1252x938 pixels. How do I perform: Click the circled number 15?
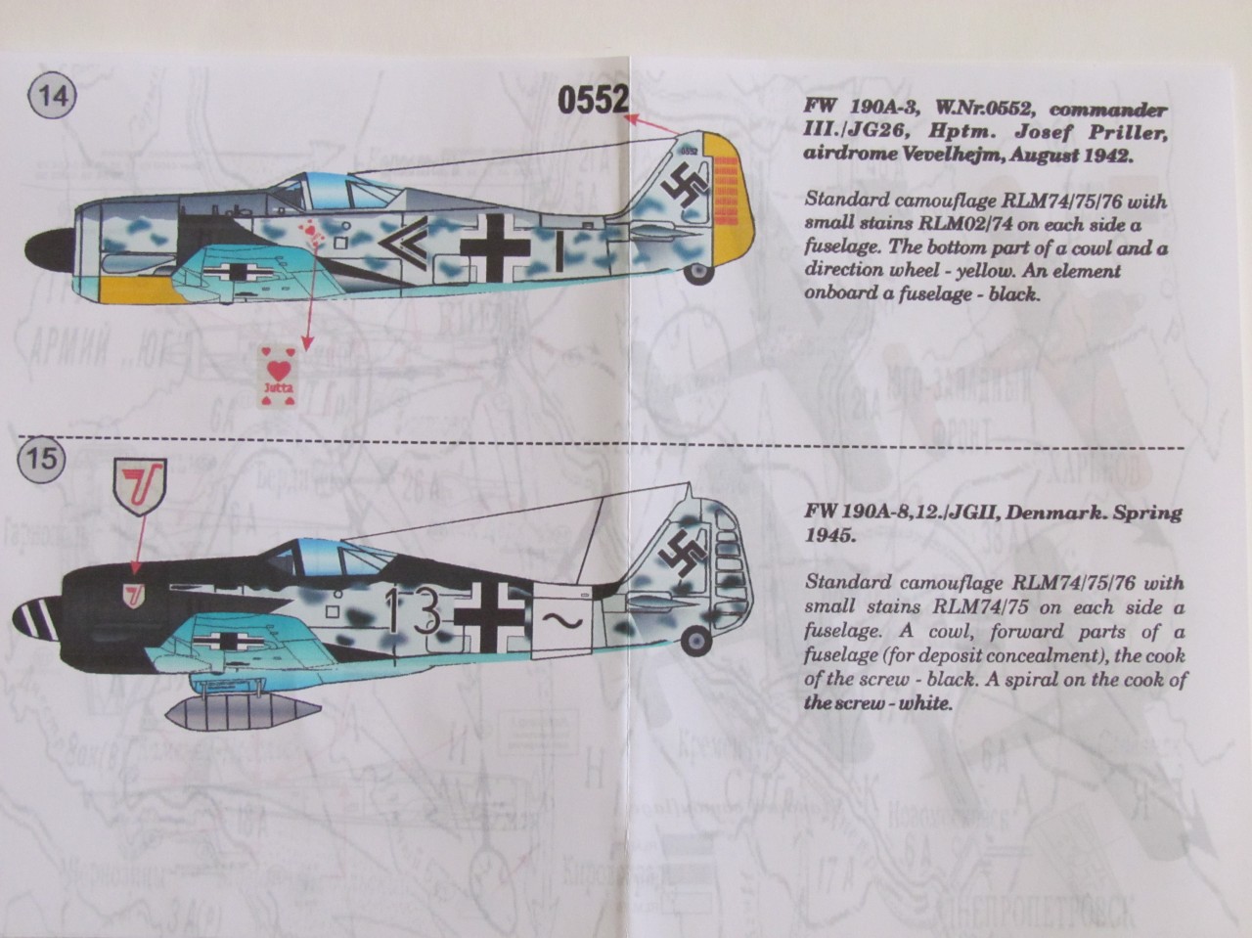(42, 457)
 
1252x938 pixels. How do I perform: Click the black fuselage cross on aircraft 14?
(503, 239)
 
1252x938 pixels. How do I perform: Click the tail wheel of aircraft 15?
(695, 640)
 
